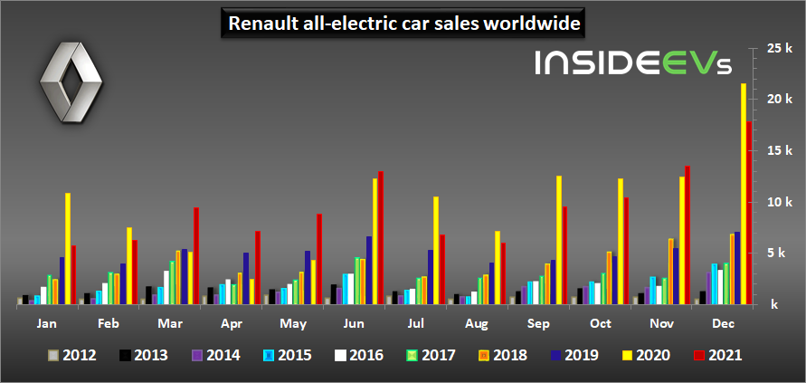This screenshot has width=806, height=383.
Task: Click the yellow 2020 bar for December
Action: click(x=744, y=194)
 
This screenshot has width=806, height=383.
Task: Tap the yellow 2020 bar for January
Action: click(x=68, y=249)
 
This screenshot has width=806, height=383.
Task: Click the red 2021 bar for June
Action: click(x=381, y=238)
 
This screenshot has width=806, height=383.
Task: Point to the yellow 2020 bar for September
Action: click(x=559, y=240)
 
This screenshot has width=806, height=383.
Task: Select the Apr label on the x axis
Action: click(x=232, y=323)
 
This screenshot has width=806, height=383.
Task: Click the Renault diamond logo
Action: click(x=65, y=82)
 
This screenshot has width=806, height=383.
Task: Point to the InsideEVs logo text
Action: click(x=631, y=62)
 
